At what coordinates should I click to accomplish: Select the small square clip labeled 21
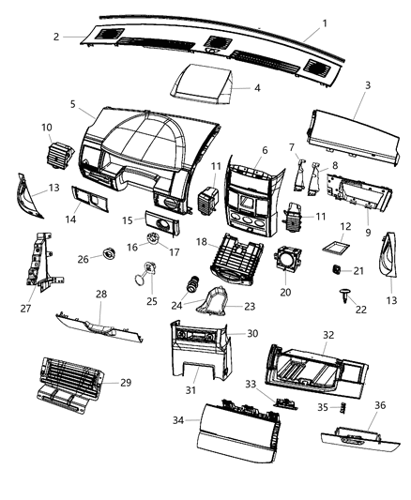coord(333,270)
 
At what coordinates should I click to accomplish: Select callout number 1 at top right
coord(324,23)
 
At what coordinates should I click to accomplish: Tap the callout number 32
coord(327,334)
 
